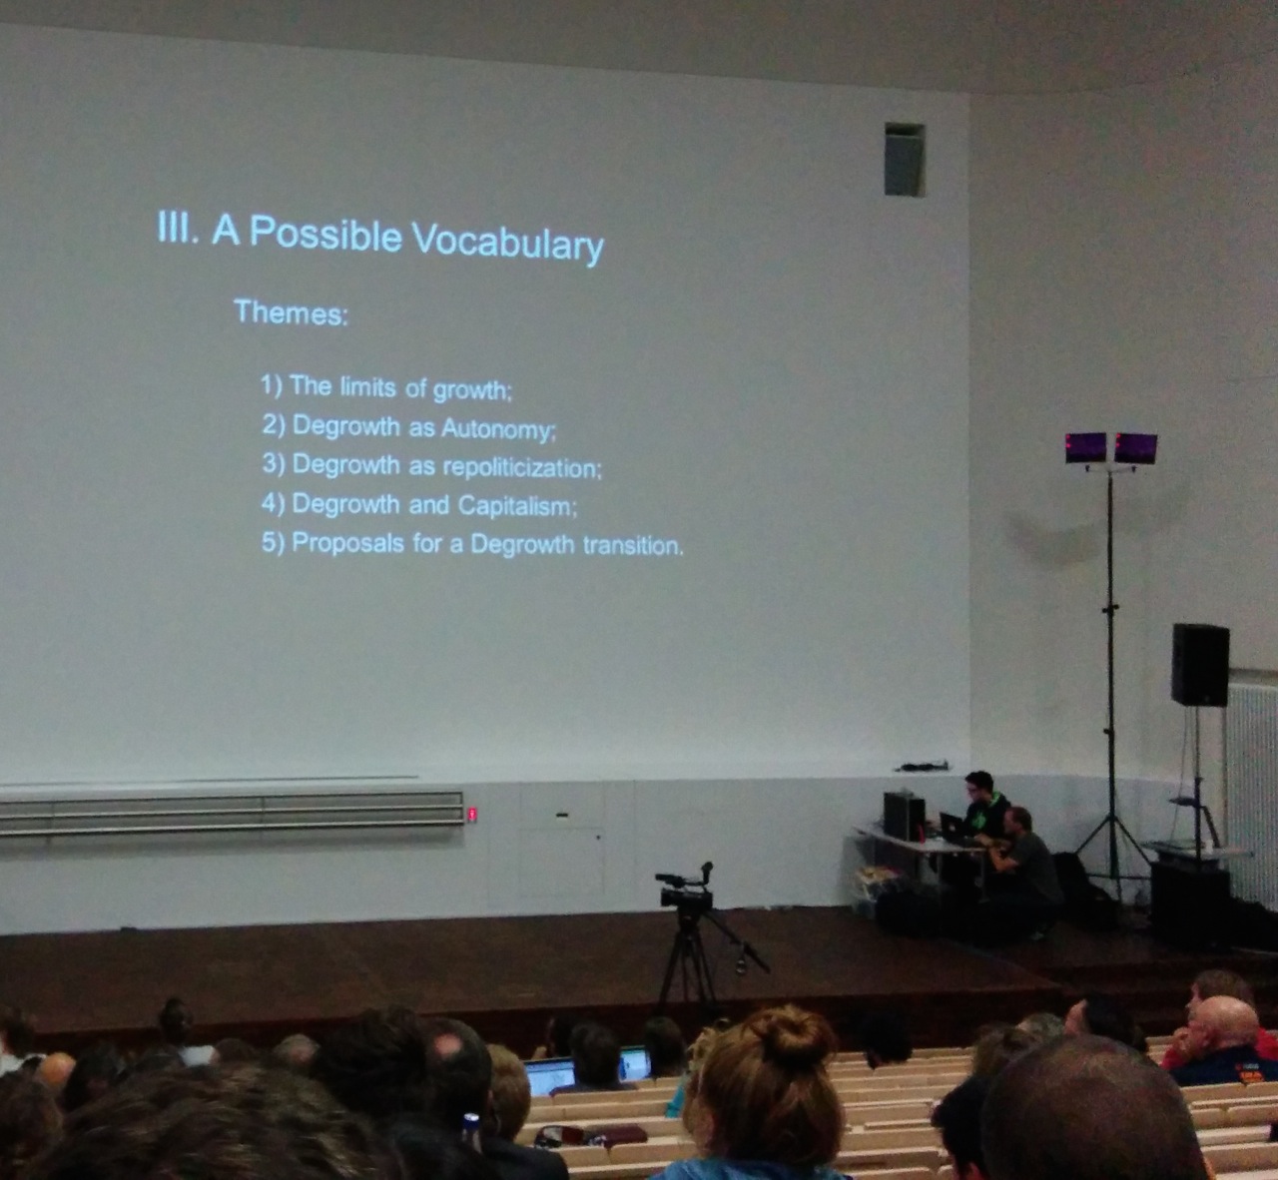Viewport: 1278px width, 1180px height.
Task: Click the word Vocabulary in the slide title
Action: [507, 243]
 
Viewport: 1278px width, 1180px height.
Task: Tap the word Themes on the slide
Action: [291, 312]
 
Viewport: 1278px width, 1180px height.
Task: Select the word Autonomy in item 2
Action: [498, 428]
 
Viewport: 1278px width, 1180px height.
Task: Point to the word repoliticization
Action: [522, 467]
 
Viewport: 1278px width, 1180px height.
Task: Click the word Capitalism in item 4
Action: [517, 505]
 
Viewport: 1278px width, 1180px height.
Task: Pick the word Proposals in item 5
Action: [347, 543]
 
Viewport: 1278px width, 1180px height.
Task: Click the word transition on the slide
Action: [633, 546]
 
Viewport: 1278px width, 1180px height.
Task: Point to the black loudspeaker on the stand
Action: [1199, 664]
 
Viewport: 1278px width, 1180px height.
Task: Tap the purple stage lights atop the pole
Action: [1110, 448]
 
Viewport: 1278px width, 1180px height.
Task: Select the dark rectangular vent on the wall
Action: [905, 159]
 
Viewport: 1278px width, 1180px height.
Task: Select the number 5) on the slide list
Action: [273, 543]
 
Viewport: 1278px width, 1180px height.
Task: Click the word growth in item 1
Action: [472, 390]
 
